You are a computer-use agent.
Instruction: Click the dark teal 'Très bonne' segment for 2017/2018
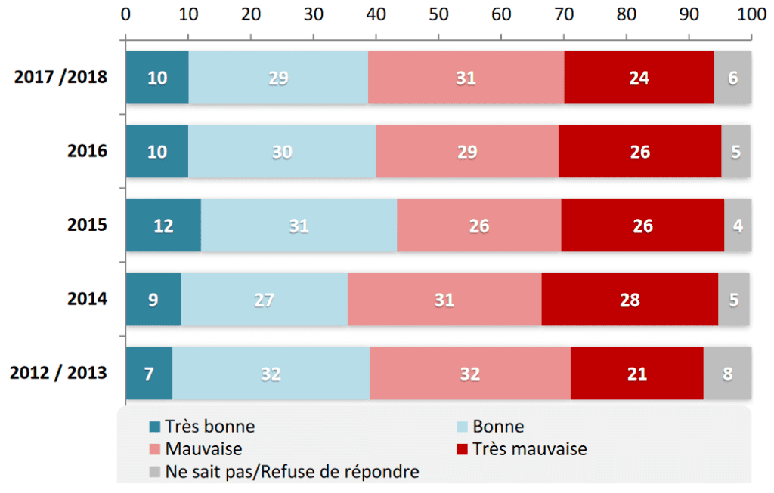click(x=157, y=78)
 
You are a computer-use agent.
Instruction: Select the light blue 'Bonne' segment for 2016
click(x=282, y=151)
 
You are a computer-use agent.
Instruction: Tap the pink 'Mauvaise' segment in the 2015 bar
click(x=478, y=225)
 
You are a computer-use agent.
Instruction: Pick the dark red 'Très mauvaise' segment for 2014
click(x=630, y=299)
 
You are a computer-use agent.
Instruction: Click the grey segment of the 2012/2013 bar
click(x=728, y=373)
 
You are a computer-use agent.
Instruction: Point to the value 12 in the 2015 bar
click(x=163, y=226)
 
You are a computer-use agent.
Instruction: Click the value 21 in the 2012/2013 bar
click(x=637, y=374)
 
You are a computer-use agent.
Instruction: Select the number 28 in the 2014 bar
click(x=630, y=300)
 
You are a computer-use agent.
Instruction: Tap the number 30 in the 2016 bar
click(x=283, y=152)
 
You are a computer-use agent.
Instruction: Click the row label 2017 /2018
click(x=60, y=78)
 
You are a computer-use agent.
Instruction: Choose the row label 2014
click(x=88, y=299)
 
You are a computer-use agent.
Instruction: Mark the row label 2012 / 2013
click(x=58, y=373)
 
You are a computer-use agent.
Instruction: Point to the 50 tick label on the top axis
click(x=438, y=14)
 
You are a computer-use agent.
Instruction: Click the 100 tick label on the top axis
click(x=752, y=14)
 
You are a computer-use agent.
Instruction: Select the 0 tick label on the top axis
click(x=126, y=14)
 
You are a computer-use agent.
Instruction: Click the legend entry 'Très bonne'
click(x=203, y=427)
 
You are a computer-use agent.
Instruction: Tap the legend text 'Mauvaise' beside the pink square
click(x=204, y=449)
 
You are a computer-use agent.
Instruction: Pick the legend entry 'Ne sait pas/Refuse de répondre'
click(x=284, y=472)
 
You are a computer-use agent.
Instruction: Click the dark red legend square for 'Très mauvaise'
click(x=462, y=449)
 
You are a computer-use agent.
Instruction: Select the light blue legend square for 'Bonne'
click(x=462, y=427)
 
